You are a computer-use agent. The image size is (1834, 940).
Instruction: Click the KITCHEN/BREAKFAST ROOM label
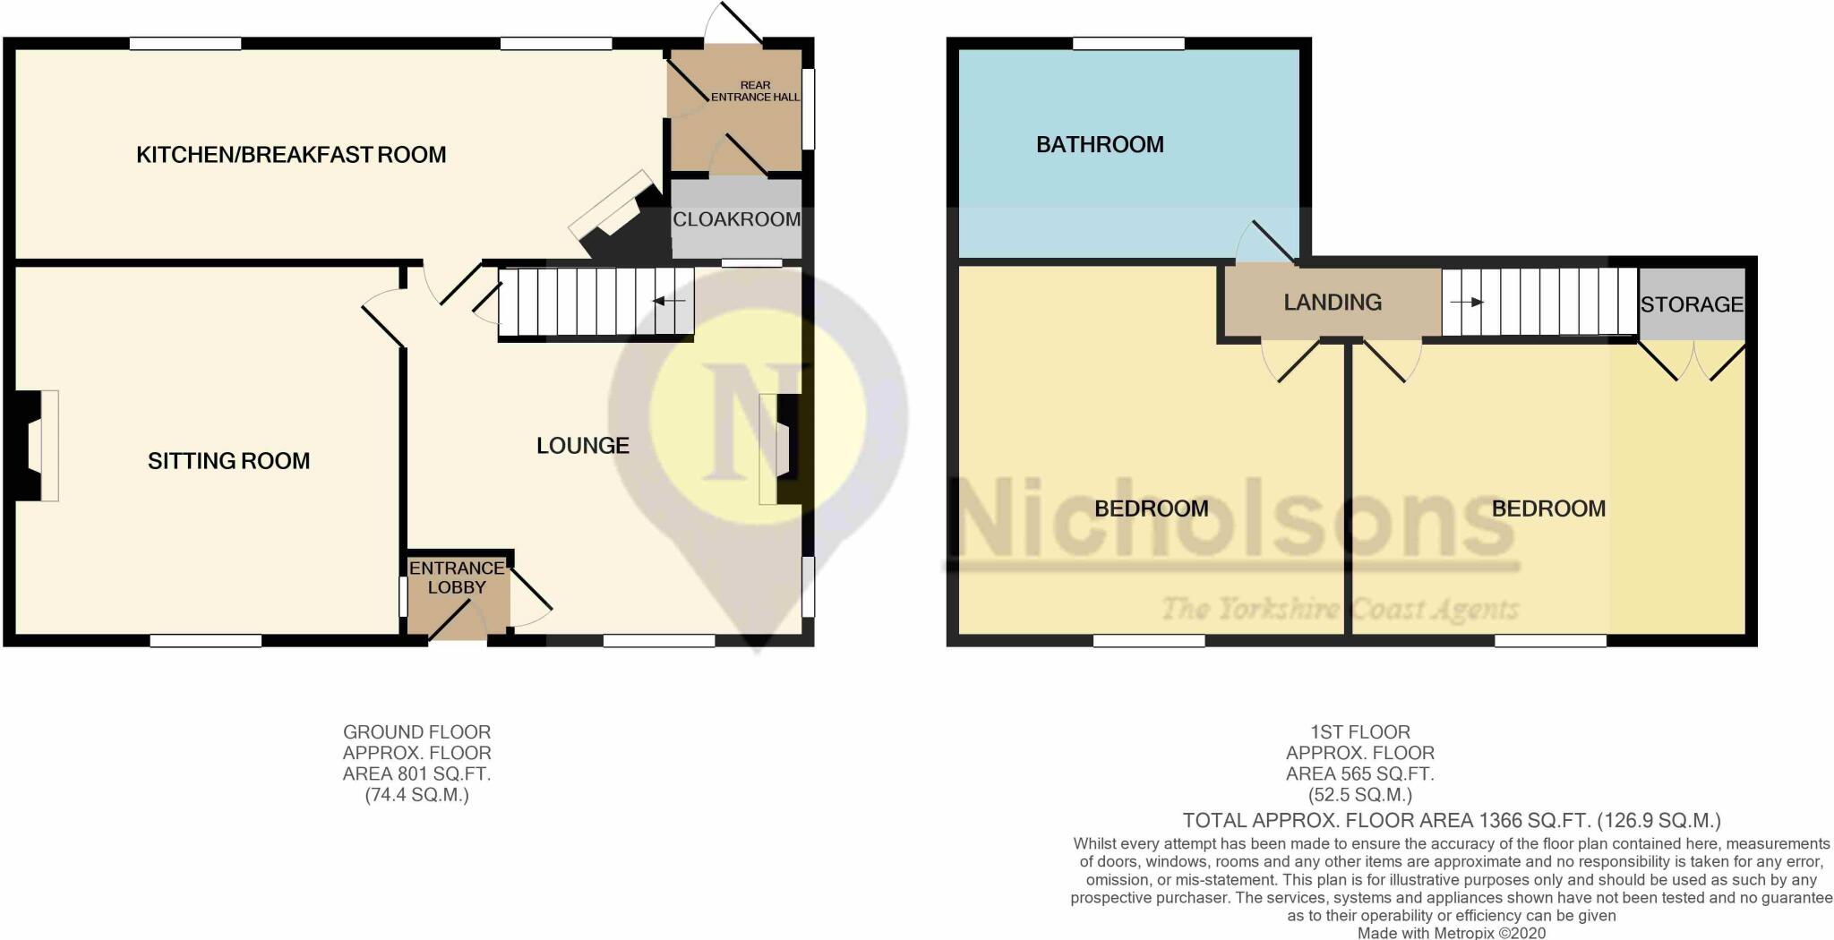pyautogui.click(x=291, y=155)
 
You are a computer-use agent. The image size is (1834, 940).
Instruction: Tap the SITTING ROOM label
pyautogui.click(x=228, y=461)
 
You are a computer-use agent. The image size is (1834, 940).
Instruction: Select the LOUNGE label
pyautogui.click(x=582, y=446)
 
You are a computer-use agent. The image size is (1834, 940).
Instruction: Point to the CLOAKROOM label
pyautogui.click(x=736, y=219)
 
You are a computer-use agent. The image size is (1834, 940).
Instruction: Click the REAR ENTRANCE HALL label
pyautogui.click(x=755, y=91)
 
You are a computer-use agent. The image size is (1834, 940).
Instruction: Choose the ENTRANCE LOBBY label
pyautogui.click(x=457, y=577)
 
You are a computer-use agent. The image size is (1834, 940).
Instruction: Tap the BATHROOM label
pyautogui.click(x=1100, y=145)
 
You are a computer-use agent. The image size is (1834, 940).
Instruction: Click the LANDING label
pyautogui.click(x=1333, y=303)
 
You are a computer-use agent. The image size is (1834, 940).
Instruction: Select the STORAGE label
pyautogui.click(x=1692, y=304)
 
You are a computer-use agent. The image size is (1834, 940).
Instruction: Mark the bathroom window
pyautogui.click(x=1128, y=43)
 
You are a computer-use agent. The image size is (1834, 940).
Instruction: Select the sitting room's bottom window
pyautogui.click(x=205, y=640)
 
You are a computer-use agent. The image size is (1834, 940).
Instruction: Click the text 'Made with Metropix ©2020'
pyautogui.click(x=1451, y=932)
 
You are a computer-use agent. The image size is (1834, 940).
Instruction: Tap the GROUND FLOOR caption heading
pyautogui.click(x=417, y=731)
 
